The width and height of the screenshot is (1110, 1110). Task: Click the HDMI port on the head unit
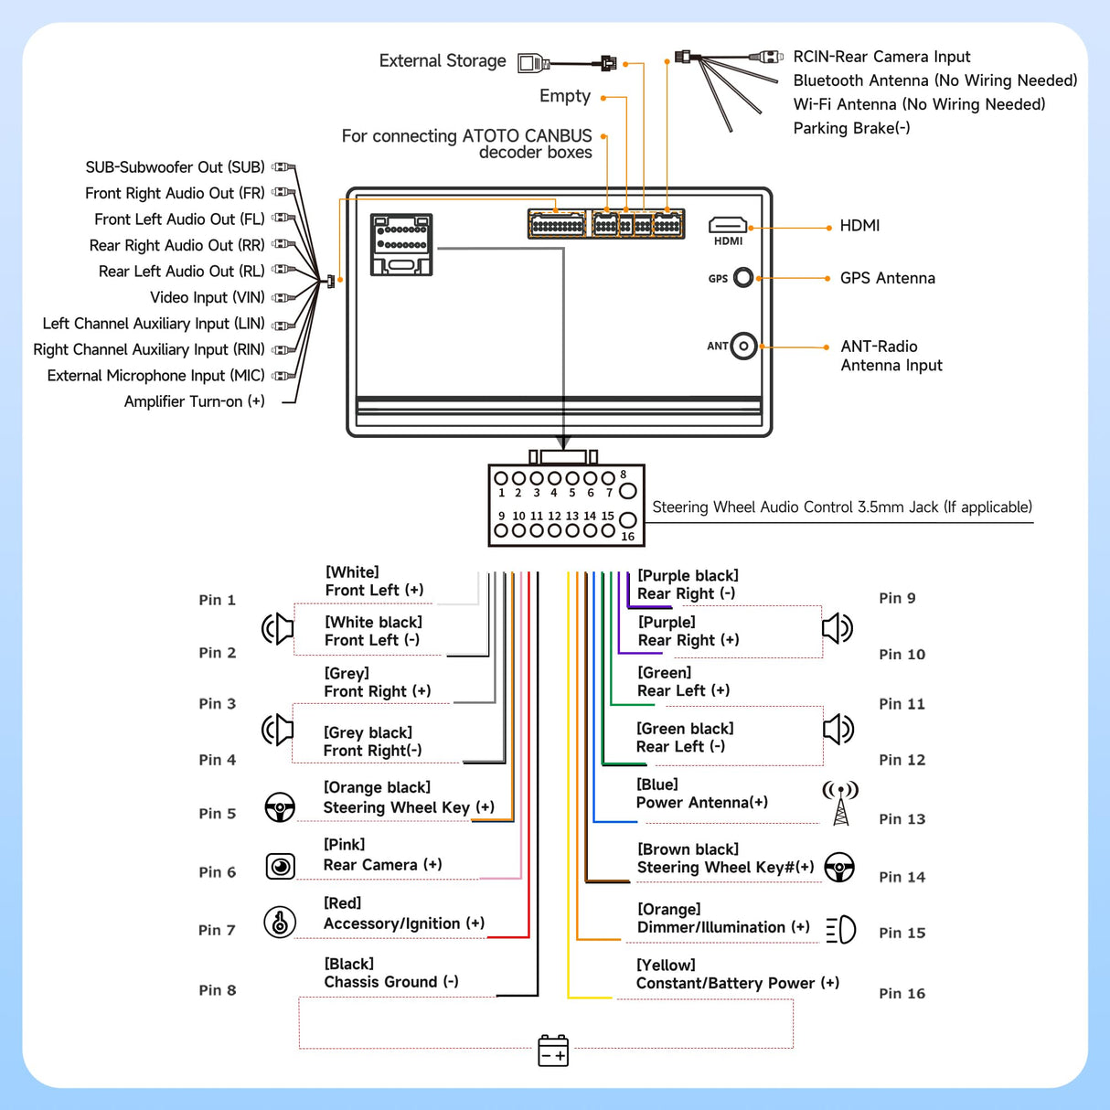pos(728,225)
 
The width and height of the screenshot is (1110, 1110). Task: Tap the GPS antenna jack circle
pos(743,277)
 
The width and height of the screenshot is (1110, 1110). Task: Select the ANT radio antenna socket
pos(744,346)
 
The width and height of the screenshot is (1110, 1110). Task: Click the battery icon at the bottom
pos(553,1051)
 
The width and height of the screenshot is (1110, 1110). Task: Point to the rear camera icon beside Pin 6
pos(280,866)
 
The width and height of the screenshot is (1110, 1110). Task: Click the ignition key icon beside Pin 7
pos(280,922)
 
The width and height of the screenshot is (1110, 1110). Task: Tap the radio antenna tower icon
pos(840,803)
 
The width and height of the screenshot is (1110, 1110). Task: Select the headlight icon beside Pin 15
pos(841,930)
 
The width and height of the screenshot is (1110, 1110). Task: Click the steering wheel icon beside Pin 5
pos(280,807)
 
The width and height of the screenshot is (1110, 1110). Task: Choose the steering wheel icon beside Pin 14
pos(839,867)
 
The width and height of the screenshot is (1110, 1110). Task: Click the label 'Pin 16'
pos(902,993)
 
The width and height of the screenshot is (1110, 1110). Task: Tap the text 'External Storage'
pos(443,61)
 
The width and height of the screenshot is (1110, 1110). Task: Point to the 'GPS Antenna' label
pos(887,278)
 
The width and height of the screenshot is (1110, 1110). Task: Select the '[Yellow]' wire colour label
pos(666,965)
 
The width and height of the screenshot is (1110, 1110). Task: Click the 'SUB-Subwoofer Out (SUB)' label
pos(175,167)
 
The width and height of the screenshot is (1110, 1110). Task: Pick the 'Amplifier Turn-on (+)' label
pos(194,401)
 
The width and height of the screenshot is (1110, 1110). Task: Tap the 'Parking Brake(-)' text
pos(851,128)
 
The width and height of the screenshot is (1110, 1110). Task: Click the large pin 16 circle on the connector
pos(627,520)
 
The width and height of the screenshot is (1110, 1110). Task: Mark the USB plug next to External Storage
pos(532,63)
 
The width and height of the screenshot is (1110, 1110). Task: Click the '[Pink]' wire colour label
pos(344,845)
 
